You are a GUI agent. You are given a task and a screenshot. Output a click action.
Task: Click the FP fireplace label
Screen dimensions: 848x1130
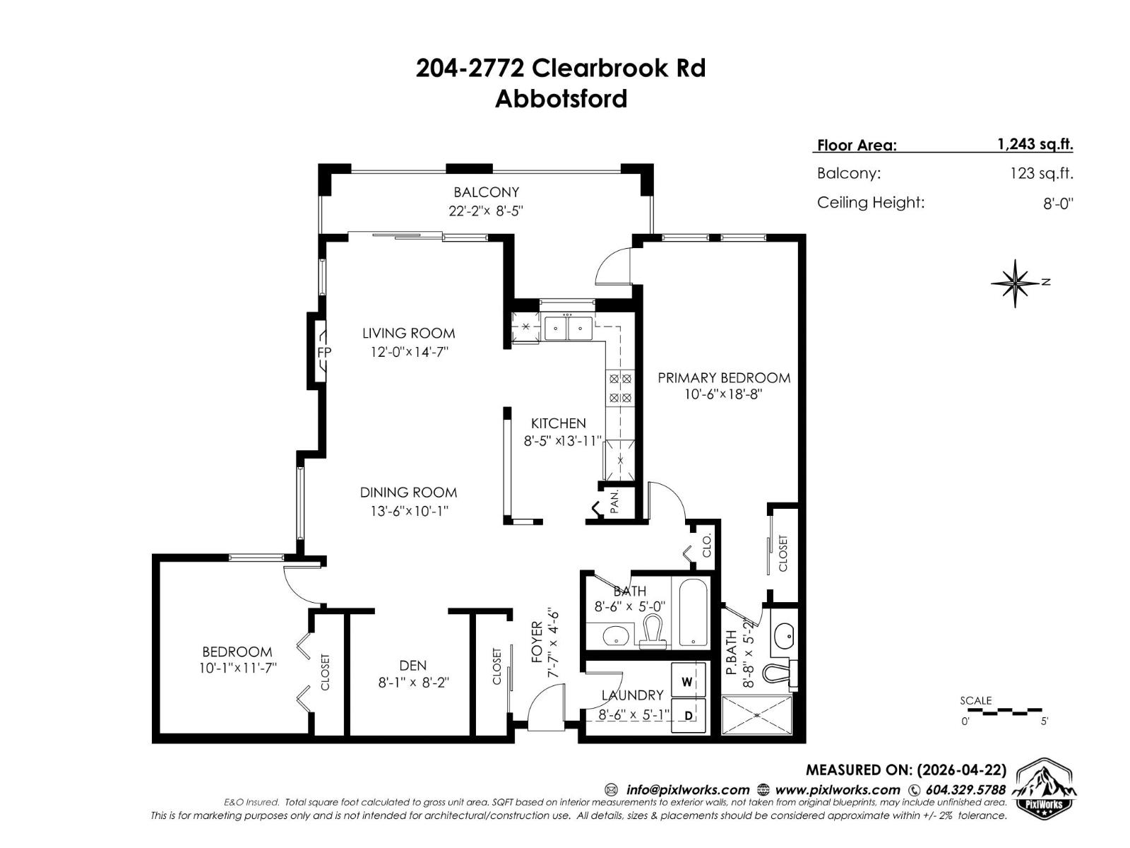pyautogui.click(x=323, y=352)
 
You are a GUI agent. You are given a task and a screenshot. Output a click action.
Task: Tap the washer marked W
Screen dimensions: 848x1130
pyautogui.click(x=687, y=682)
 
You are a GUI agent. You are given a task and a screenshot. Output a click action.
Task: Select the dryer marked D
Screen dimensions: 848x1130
pyautogui.click(x=688, y=716)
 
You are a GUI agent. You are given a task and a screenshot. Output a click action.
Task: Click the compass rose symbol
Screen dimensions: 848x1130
pyautogui.click(x=1015, y=283)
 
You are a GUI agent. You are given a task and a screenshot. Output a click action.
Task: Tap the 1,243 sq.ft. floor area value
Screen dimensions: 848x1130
pyautogui.click(x=1035, y=144)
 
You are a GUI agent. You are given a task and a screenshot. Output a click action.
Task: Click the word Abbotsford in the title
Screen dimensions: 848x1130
pyautogui.click(x=561, y=98)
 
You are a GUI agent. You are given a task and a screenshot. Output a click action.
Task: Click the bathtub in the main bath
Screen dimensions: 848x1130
pyautogui.click(x=693, y=613)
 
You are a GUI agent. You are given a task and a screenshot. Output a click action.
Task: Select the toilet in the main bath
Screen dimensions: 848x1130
pyautogui.click(x=653, y=631)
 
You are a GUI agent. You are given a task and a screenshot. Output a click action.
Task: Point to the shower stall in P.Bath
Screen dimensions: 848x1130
pyautogui.click(x=757, y=715)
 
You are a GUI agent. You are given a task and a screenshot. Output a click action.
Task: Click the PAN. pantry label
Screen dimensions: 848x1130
pyautogui.click(x=614, y=502)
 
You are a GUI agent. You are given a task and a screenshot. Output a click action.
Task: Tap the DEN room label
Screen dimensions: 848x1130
pyautogui.click(x=412, y=665)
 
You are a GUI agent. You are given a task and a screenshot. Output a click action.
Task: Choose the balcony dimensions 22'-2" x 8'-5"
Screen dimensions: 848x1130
pyautogui.click(x=486, y=211)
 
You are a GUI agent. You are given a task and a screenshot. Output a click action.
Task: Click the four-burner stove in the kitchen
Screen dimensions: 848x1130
pyautogui.click(x=620, y=388)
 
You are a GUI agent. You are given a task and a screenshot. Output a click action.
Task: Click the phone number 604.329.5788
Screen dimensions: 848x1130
pyautogui.click(x=965, y=790)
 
